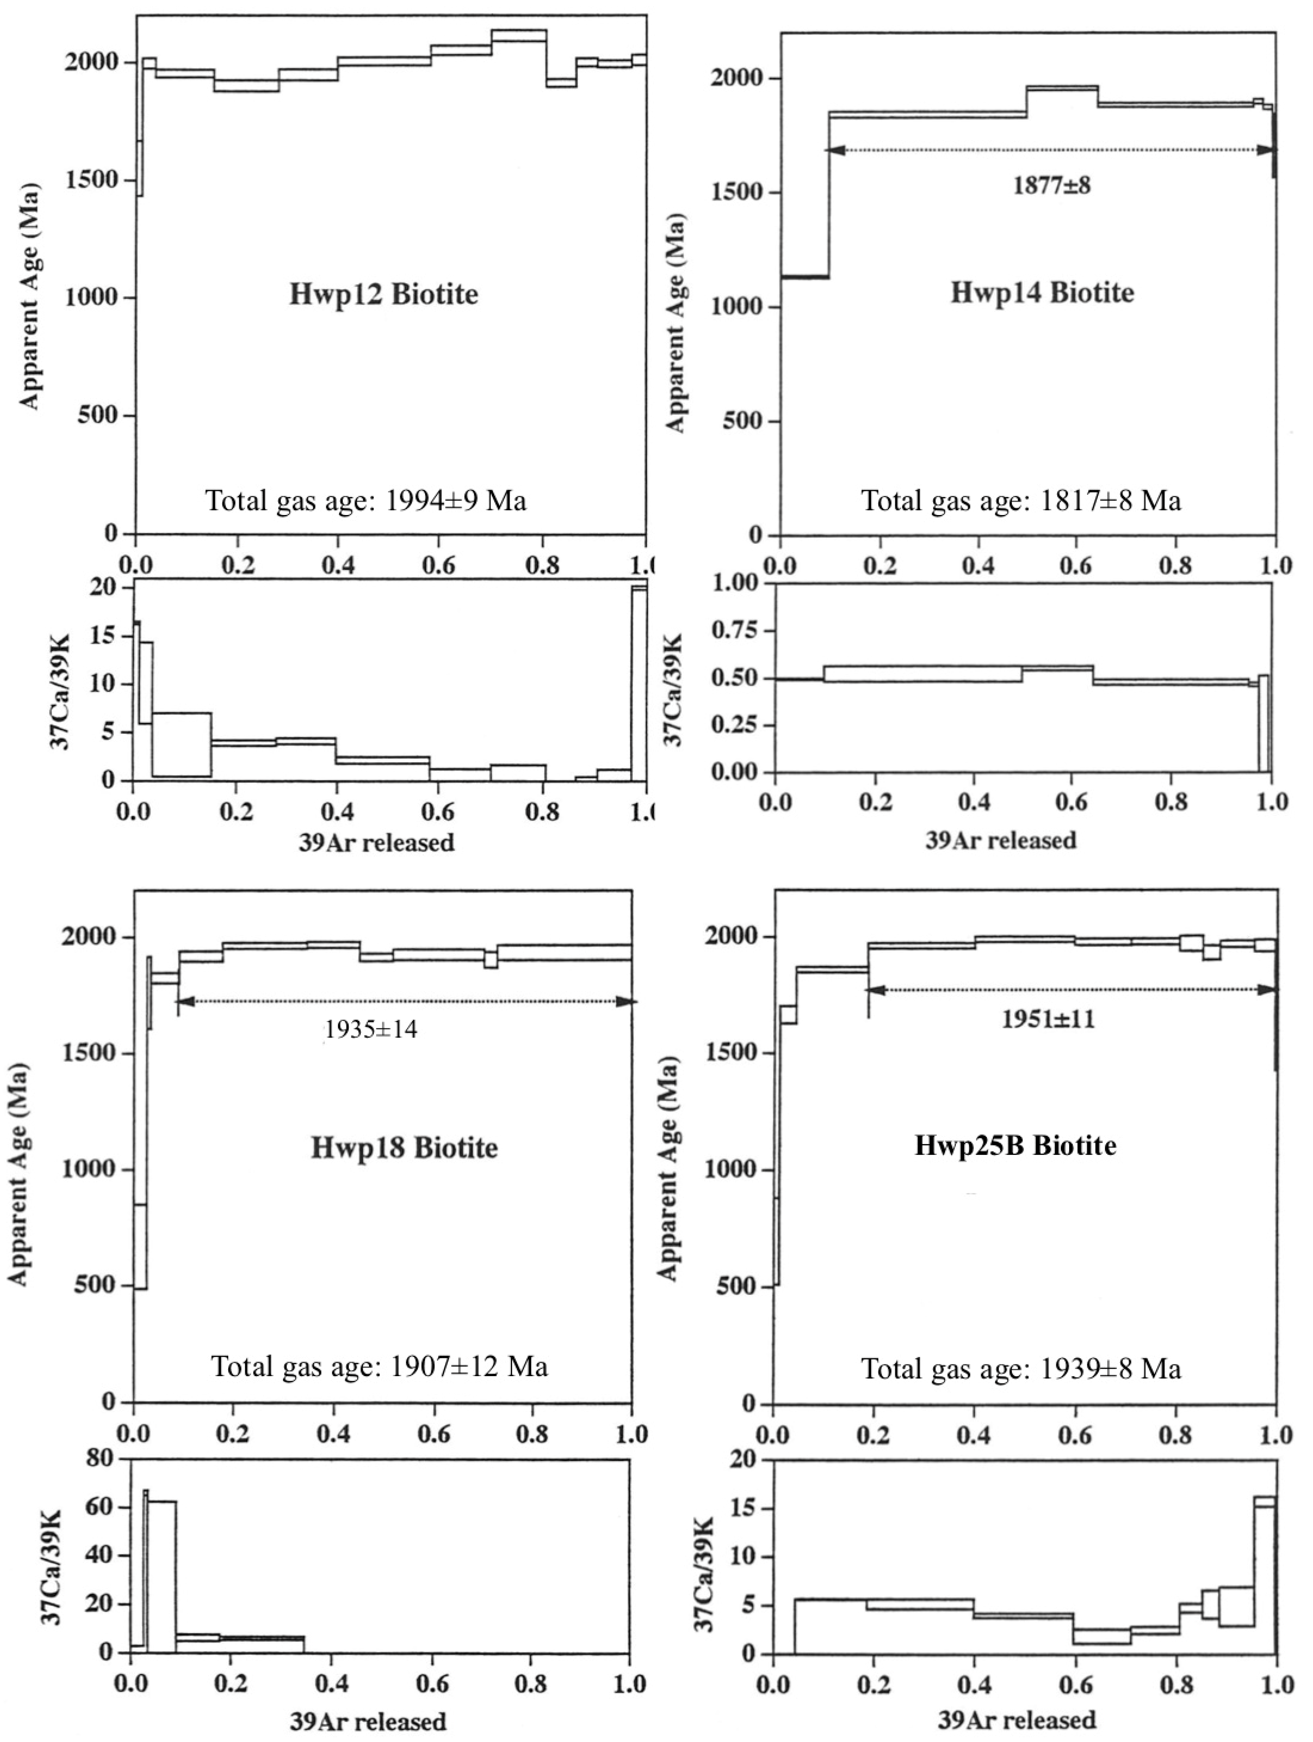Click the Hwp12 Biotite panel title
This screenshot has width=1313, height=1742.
[x=383, y=295]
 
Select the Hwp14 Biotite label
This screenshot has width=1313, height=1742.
[x=1042, y=293]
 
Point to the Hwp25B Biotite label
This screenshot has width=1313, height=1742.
[x=1015, y=1145]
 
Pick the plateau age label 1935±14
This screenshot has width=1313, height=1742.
[x=370, y=1029]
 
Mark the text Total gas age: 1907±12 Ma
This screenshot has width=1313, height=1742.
[x=379, y=1366]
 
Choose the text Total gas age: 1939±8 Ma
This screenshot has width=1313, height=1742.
[x=1021, y=1369]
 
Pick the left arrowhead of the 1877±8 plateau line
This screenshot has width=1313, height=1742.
[x=835, y=150]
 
